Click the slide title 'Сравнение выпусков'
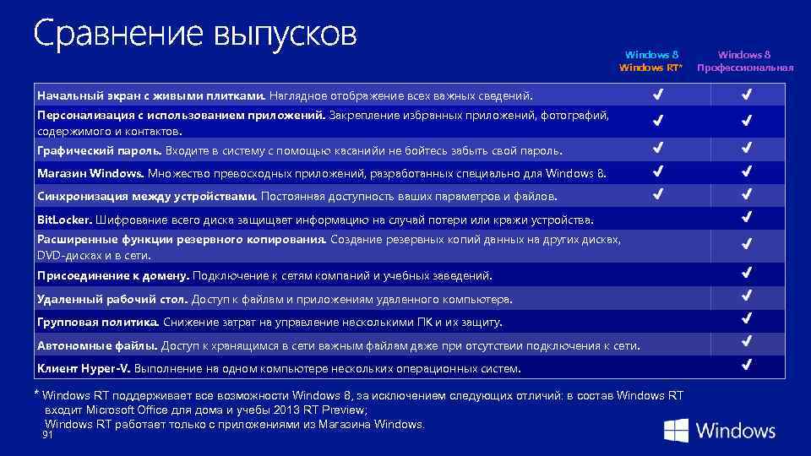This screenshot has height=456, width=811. [195, 35]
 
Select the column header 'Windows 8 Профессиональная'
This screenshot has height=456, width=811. [745, 61]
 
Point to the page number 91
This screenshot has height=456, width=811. [47, 435]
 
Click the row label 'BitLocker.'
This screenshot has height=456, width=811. [64, 220]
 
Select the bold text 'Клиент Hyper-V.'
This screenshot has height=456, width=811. [82, 369]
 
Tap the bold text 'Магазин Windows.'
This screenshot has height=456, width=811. [90, 174]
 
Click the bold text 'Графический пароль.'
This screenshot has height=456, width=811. [99, 151]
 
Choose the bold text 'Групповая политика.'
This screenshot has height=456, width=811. [98, 323]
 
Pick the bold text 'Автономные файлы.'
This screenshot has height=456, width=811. [97, 345]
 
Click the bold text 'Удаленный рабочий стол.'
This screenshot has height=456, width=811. [112, 299]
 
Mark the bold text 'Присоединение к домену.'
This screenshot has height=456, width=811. [113, 276]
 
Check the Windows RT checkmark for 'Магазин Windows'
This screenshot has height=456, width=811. [657, 171]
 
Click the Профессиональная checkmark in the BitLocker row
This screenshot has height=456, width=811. [747, 218]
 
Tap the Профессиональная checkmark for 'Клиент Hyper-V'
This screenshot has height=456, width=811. [747, 366]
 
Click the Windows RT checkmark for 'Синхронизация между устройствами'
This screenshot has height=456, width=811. [657, 194]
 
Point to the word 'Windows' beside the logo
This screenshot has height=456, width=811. [736, 431]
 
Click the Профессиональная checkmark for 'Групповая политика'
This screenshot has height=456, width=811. [747, 319]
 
